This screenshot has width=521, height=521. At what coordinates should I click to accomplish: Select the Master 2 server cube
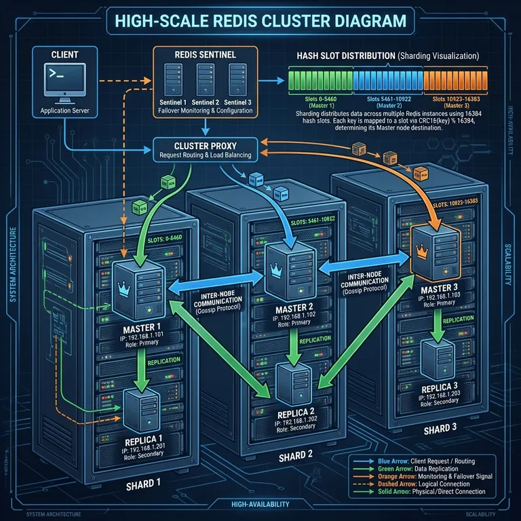pos(288,263)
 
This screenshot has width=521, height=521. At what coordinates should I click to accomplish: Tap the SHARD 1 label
pos(147,486)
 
